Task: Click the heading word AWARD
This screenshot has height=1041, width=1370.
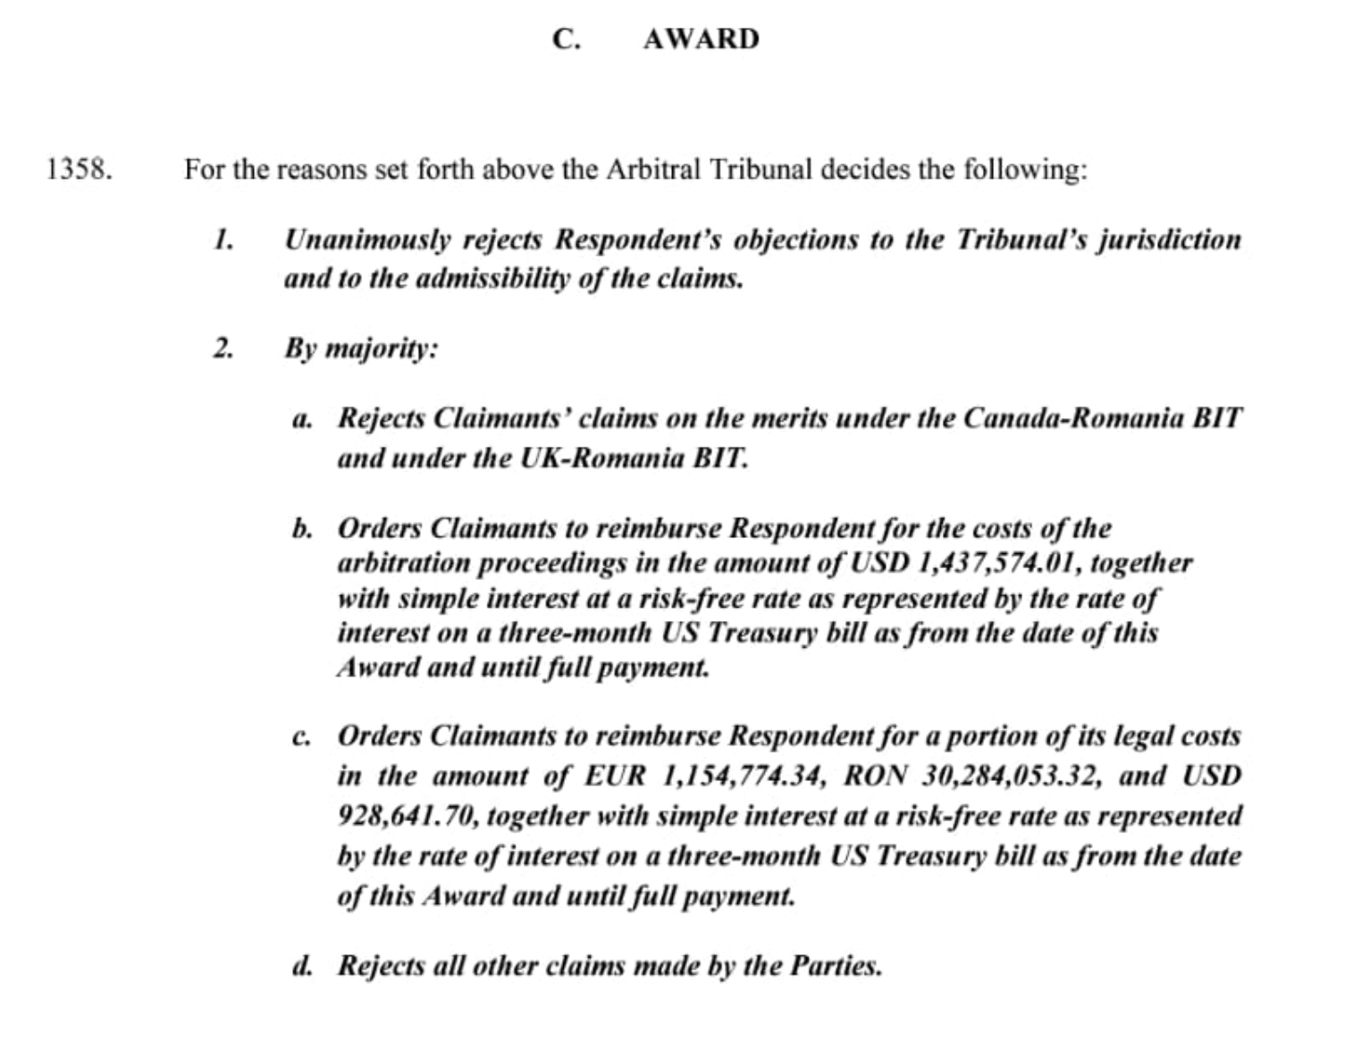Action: tap(701, 39)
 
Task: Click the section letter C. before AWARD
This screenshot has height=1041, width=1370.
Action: tap(566, 39)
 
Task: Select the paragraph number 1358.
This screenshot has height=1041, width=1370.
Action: tap(80, 169)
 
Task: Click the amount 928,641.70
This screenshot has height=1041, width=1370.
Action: tap(408, 815)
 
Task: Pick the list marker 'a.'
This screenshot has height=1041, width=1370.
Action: tap(302, 419)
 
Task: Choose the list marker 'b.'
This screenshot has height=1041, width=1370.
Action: tap(302, 528)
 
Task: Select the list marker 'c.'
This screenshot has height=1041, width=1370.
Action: tap(302, 737)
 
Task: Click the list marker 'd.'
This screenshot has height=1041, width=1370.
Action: tap(302, 966)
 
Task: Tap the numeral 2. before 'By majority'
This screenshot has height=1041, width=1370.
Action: tap(223, 348)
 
